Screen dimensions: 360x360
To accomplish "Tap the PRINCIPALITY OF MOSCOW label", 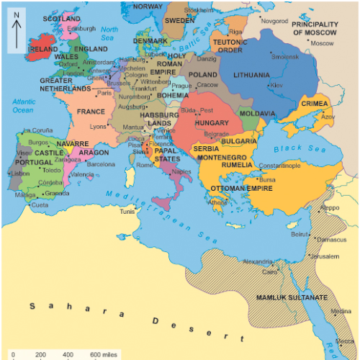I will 315,28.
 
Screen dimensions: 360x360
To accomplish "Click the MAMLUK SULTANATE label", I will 293,297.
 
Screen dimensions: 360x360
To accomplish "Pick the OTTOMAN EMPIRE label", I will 241,189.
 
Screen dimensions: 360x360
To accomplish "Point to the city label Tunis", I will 127,212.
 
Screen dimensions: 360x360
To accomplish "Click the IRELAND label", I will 43,50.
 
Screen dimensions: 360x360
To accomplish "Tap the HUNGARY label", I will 211,123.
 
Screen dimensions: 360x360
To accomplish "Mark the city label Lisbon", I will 20,174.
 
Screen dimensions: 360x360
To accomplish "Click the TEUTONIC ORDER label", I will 234,46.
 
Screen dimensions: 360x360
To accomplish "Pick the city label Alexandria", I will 258,261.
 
